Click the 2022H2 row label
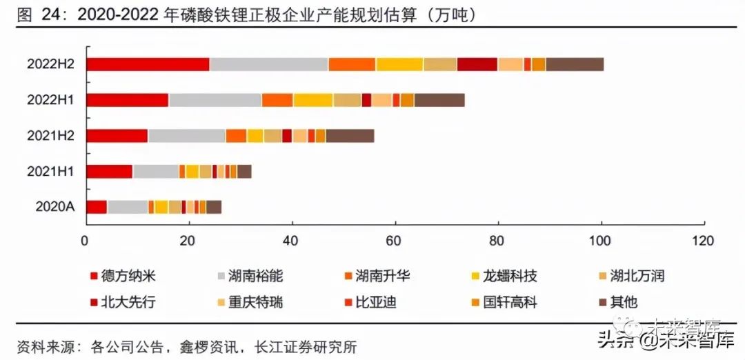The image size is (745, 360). click(50, 64)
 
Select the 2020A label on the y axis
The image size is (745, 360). click(54, 206)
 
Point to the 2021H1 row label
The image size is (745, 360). click(50, 171)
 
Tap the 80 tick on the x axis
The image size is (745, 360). click(497, 241)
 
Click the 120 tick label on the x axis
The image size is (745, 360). click(704, 241)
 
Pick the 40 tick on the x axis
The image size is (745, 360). click(292, 241)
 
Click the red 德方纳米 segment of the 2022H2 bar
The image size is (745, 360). click(148, 64)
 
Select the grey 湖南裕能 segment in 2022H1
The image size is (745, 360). click(215, 100)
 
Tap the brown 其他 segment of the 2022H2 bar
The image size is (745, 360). click(575, 64)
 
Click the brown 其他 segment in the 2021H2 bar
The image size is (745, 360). click(350, 136)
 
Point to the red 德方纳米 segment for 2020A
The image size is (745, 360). click(97, 206)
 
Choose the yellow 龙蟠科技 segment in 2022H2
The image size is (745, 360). click(399, 64)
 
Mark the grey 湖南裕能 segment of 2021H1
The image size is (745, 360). click(155, 171)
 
